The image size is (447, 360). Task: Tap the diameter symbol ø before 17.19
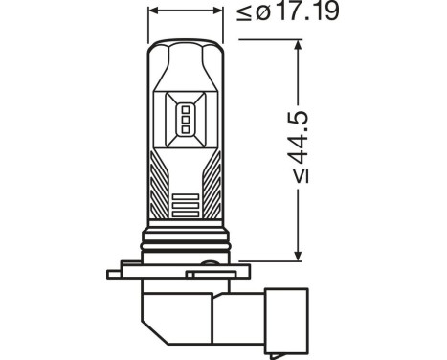(x=248, y=13)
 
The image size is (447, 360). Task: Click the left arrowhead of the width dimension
(x=153, y=12)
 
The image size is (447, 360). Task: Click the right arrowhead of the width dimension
(x=218, y=12)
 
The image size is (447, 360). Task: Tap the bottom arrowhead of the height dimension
(x=300, y=253)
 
